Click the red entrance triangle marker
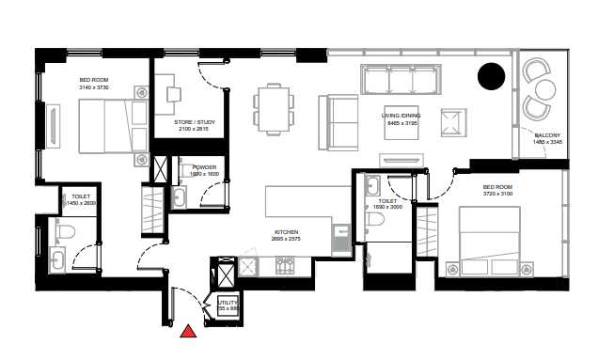pos(188,330)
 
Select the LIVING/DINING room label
pos(406,116)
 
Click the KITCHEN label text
pos(286,230)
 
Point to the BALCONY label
pos(547,136)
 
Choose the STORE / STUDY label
pos(196,122)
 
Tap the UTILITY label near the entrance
pos(227,301)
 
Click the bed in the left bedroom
pos(108,126)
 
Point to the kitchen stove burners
pos(285,266)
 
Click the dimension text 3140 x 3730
pos(97,86)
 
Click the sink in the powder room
pos(180,196)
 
